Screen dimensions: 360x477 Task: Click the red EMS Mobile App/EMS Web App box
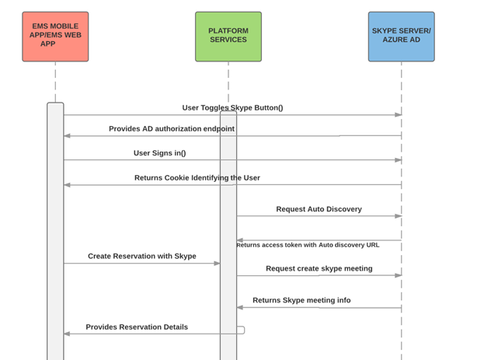(x=55, y=37)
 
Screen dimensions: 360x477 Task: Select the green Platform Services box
(x=228, y=37)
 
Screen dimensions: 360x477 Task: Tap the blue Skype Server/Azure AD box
(x=401, y=37)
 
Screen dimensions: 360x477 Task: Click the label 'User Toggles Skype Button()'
(x=232, y=108)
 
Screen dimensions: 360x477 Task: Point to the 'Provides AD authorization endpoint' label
(x=171, y=129)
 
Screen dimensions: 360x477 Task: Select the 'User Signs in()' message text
(x=159, y=153)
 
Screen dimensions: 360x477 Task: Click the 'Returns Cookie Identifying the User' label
(x=197, y=178)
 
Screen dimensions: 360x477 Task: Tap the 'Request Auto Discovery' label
(x=319, y=209)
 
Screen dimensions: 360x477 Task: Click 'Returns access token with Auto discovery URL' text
(x=308, y=245)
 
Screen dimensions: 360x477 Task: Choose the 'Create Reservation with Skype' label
(x=141, y=256)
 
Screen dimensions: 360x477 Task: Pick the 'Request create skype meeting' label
(x=319, y=268)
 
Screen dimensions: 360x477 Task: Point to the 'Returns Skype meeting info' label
(x=301, y=300)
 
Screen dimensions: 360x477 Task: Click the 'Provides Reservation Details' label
(x=137, y=327)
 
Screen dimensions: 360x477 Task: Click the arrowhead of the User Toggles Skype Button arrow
(x=398, y=115)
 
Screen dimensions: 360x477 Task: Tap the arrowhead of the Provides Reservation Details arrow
(x=68, y=334)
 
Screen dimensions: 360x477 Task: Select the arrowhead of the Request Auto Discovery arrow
(x=398, y=216)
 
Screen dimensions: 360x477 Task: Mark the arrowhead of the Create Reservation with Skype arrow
(x=217, y=264)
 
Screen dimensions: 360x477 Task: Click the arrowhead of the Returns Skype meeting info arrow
(x=241, y=307)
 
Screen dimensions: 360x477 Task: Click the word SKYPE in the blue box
(x=386, y=31)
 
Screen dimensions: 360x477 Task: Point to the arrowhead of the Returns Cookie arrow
(x=68, y=185)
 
